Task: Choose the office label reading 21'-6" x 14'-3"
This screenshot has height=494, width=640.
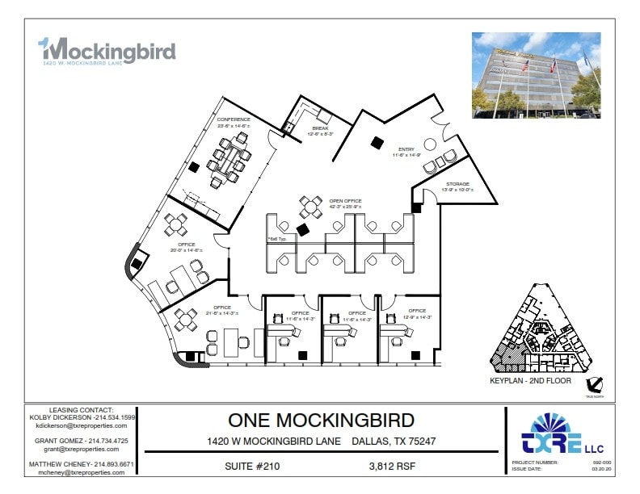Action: point(222,311)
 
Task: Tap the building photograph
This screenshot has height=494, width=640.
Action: point(536,75)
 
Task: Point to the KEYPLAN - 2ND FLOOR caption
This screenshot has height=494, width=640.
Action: point(530,379)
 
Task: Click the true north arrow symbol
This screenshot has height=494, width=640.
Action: point(596,386)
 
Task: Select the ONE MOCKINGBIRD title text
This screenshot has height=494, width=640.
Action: point(321,421)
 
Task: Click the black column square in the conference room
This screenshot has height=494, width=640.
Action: point(194,168)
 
